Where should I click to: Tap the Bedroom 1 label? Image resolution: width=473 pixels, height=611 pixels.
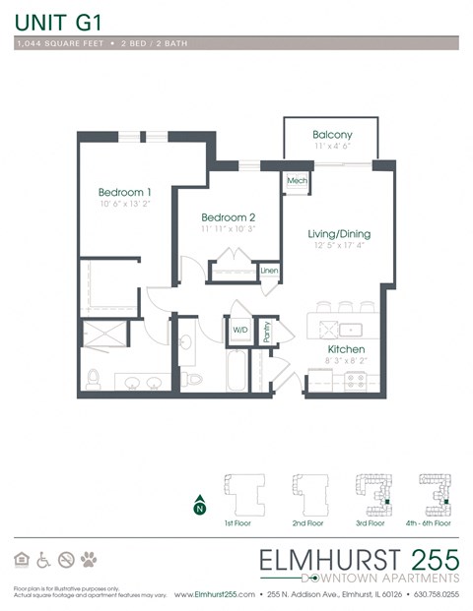tap(124, 192)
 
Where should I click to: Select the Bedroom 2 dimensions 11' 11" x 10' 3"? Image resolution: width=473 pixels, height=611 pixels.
tap(228, 229)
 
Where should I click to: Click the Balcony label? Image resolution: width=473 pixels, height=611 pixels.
tap(332, 135)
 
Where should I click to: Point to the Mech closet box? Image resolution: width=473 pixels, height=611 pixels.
tap(296, 182)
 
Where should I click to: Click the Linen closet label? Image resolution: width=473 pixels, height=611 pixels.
tap(268, 270)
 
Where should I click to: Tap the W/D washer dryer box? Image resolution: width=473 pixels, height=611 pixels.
tap(240, 331)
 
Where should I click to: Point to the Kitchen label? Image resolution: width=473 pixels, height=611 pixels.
tap(346, 349)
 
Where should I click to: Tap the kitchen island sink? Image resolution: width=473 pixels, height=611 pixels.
tap(346, 329)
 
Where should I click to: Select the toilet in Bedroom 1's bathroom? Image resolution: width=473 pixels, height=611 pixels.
tap(94, 379)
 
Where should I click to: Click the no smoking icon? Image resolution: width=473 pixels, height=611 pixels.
tap(66, 560)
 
